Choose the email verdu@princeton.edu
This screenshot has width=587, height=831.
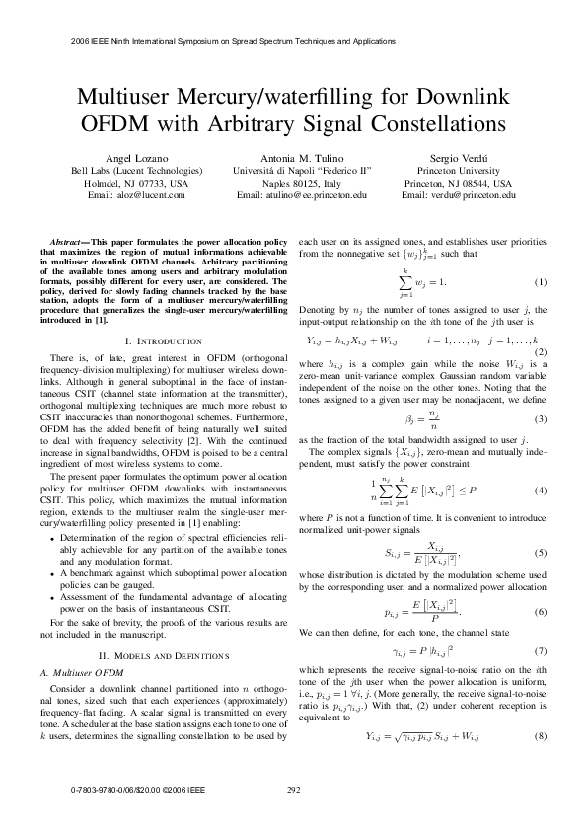pyautogui.click(x=474, y=195)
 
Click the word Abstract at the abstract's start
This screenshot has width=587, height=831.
pyautogui.click(x=68, y=242)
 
